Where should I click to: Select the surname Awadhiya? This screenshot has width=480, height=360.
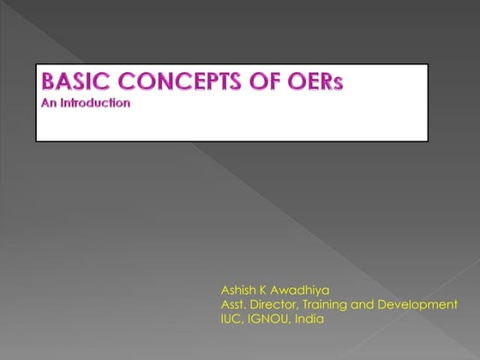[x=301, y=291]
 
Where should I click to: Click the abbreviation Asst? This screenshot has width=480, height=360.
[x=234, y=305]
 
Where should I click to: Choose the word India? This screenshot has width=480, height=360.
[x=309, y=320]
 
